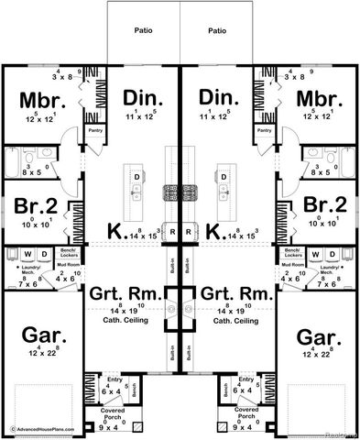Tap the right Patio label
(x=217, y=30)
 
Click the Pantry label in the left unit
(x=94, y=131)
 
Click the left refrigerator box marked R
(x=172, y=233)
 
